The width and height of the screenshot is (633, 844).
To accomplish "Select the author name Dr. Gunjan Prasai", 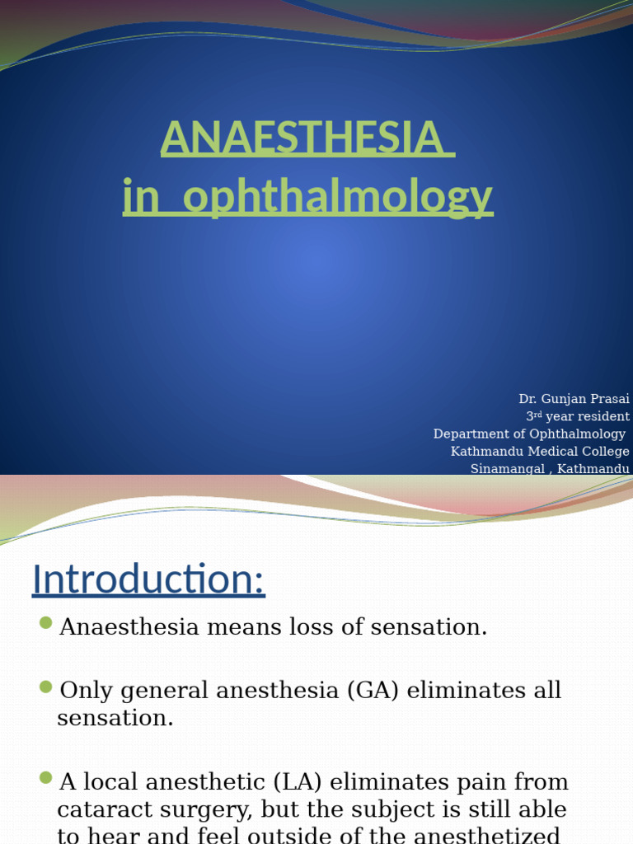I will coord(574,399).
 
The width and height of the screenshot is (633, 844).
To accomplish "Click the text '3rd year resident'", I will coord(578,416).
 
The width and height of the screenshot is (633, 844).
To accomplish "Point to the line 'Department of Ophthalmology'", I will coord(529,434).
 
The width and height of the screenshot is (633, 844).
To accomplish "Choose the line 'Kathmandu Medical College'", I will coord(540,451).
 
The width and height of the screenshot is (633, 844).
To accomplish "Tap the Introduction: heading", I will coord(148,579).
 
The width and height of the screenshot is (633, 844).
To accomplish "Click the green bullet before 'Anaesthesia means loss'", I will coord(45,622).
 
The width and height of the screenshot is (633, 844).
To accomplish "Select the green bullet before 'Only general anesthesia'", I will coord(45,686).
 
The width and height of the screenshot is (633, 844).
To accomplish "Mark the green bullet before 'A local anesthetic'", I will coord(45,777).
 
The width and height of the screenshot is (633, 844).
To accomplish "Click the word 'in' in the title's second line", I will coord(138,198).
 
